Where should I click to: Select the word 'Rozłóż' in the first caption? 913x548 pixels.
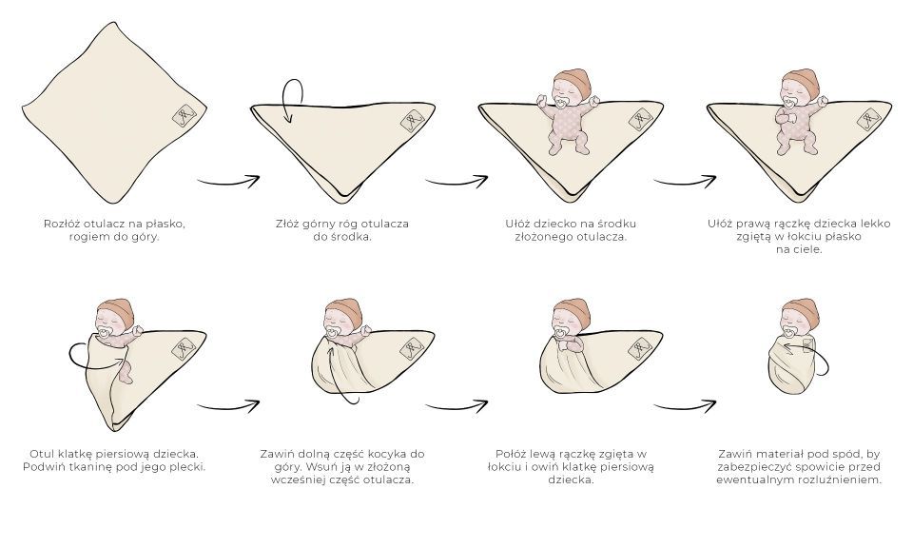pyautogui.click(x=64, y=224)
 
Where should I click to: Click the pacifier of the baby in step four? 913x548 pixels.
pyautogui.click(x=789, y=98)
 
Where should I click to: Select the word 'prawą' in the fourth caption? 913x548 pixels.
pyautogui.click(x=748, y=224)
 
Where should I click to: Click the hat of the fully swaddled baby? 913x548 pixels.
pyautogui.click(x=796, y=309)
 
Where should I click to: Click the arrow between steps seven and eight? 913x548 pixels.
pyautogui.click(x=684, y=406)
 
